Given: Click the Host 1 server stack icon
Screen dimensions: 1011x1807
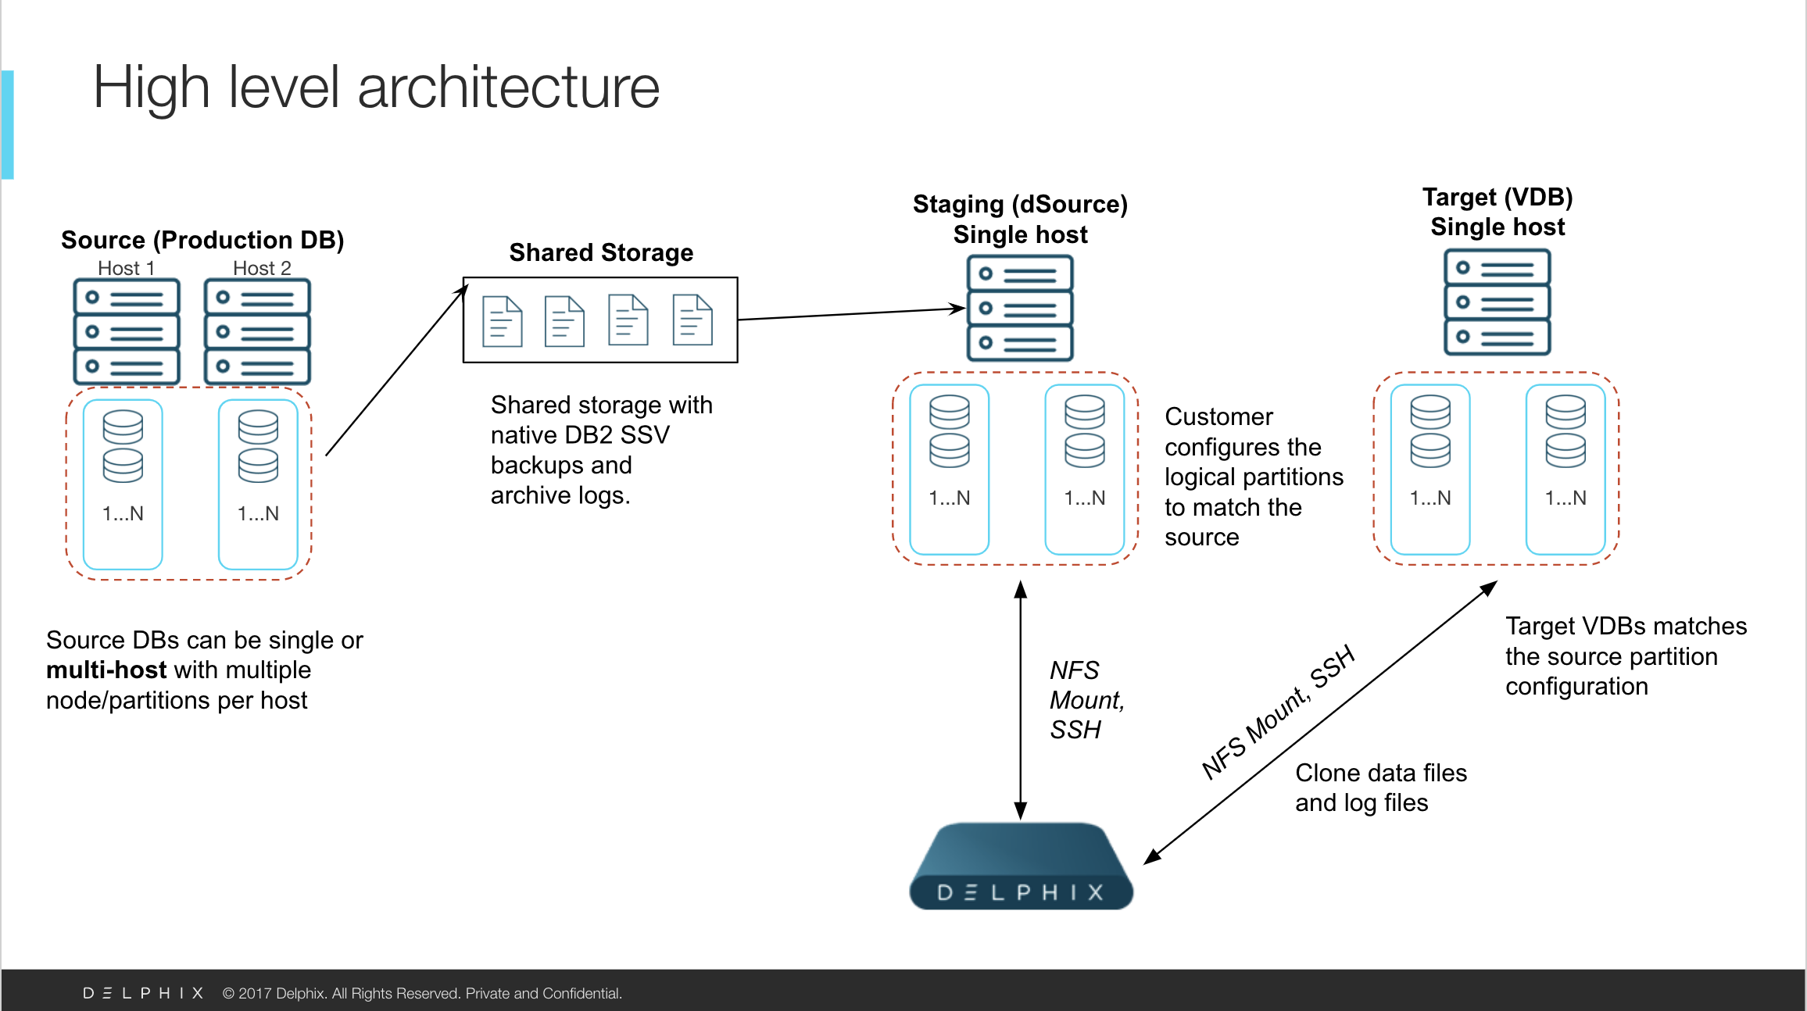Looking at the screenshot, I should click(127, 331).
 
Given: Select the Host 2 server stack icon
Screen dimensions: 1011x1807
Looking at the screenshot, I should click(257, 331).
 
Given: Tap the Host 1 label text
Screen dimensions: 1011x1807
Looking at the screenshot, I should click(126, 268).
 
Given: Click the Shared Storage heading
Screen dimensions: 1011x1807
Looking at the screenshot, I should click(601, 252).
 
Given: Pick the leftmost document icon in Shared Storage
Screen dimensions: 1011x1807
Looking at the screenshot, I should click(502, 321).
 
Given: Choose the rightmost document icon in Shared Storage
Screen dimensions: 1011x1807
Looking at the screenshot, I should click(692, 320).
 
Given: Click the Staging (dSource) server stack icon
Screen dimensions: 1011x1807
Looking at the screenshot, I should click(1020, 308).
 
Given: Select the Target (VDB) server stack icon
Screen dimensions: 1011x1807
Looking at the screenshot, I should click(1497, 302).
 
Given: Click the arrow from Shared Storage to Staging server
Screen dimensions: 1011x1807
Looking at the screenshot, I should click(852, 313).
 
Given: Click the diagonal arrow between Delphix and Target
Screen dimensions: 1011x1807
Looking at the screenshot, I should click(1321, 723).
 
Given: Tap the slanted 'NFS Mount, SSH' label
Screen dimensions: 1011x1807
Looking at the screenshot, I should click(1277, 713).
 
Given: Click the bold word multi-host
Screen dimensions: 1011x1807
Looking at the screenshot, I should click(106, 670).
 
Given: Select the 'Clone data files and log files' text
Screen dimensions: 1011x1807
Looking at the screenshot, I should click(1380, 788).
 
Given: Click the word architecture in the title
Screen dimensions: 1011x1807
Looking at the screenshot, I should click(508, 87).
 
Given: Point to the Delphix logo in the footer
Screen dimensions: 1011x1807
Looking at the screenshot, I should click(143, 993).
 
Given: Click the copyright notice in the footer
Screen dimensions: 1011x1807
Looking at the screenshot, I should click(422, 993).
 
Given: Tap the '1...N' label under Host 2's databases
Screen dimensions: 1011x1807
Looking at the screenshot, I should click(258, 513).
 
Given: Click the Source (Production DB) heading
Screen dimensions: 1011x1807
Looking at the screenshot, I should click(202, 240).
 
